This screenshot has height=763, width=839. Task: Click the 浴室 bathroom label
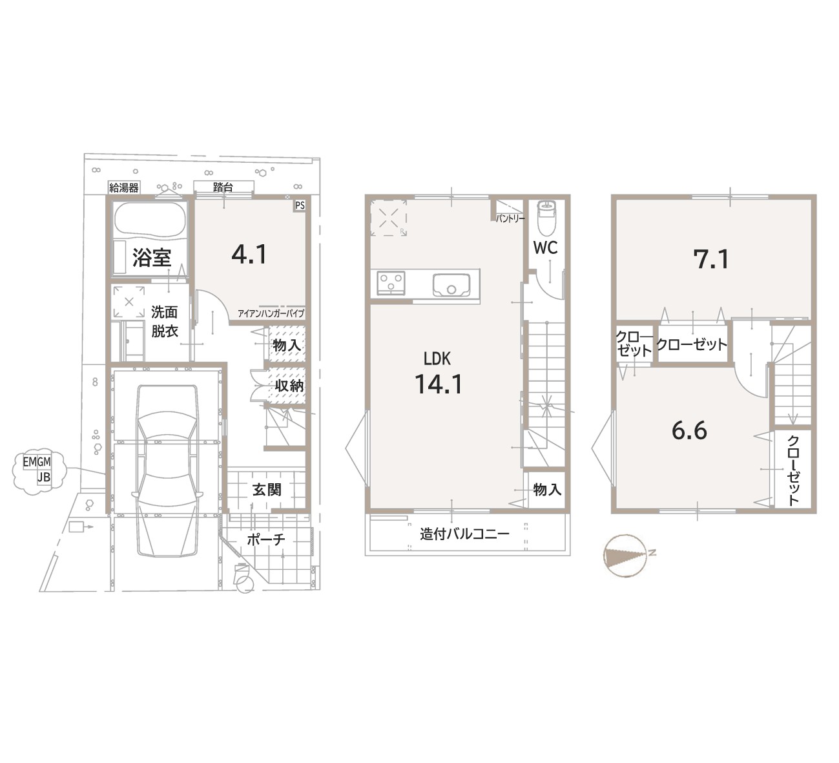(x=152, y=257)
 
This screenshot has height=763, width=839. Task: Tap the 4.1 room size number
(x=249, y=254)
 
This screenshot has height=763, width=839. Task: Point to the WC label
(x=545, y=248)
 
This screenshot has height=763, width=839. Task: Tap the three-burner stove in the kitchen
(x=391, y=283)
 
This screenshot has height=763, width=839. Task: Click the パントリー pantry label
(x=510, y=219)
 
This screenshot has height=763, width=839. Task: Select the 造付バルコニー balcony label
(x=464, y=534)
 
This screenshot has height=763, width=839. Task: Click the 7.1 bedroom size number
(x=711, y=259)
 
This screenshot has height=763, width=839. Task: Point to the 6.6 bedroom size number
(x=689, y=431)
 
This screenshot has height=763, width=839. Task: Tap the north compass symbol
(x=627, y=556)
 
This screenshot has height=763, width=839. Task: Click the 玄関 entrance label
(x=266, y=490)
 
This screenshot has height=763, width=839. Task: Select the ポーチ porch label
(x=266, y=539)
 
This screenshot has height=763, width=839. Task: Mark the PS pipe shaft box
(x=300, y=205)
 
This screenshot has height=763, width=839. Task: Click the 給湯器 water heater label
(x=124, y=188)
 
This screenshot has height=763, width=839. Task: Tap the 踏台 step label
(x=223, y=187)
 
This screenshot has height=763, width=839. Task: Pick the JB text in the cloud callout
(x=44, y=477)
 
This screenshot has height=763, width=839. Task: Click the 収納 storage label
(x=289, y=386)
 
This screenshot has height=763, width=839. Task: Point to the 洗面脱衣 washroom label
(x=164, y=322)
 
